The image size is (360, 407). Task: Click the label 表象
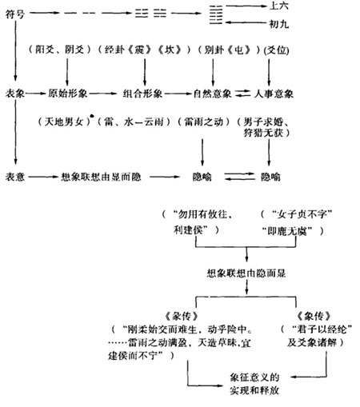(15, 94)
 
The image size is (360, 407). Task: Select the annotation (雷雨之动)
(200, 122)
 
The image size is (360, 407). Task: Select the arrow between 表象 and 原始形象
(36, 94)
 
